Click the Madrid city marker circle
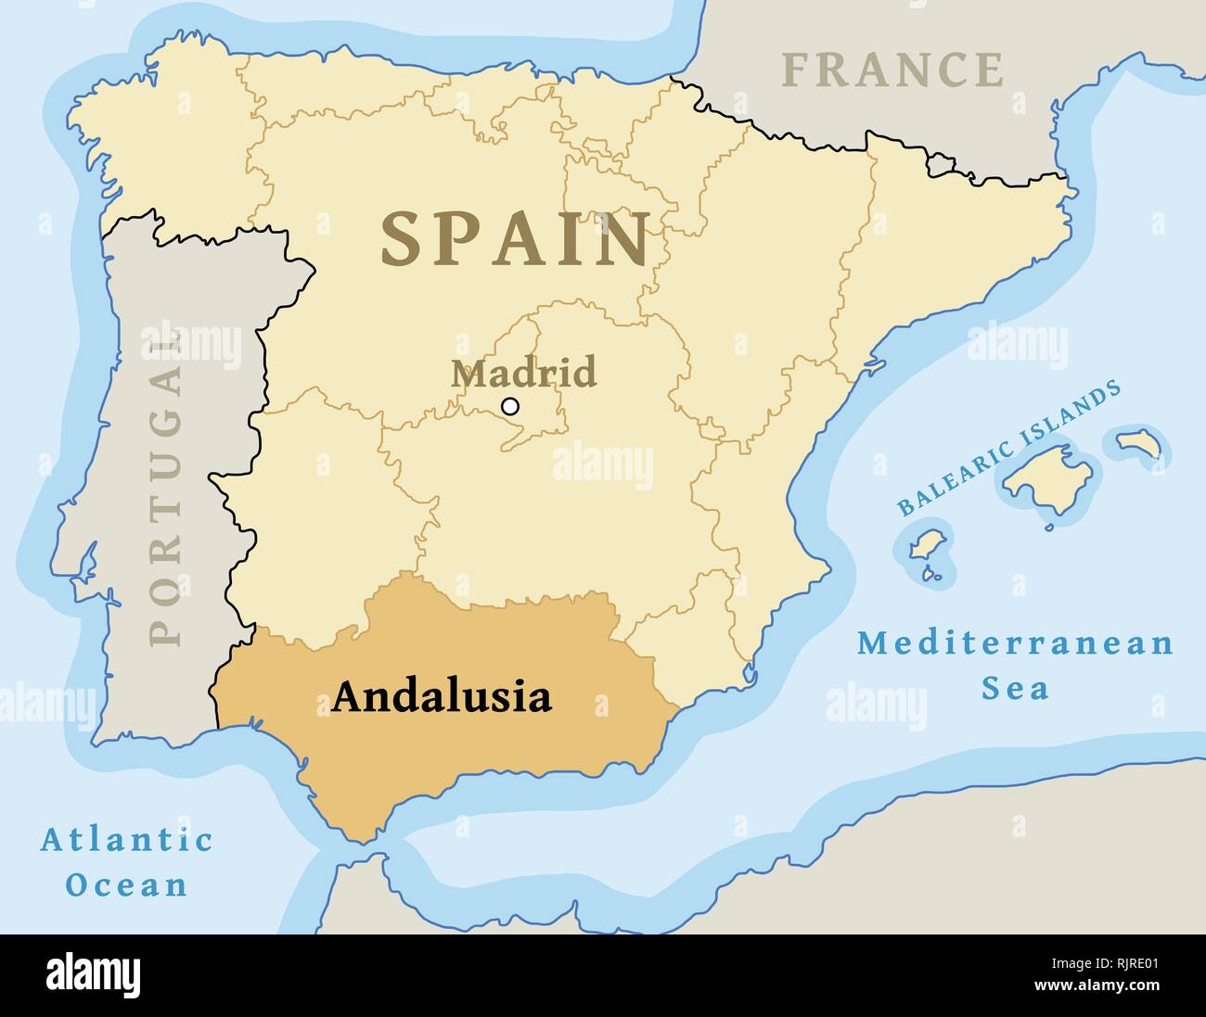pyautogui.click(x=509, y=406)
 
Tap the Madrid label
pyautogui.click(x=523, y=373)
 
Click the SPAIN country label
pyautogui.click(x=515, y=239)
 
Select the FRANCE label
pyautogui.click(x=892, y=70)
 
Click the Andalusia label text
pyautogui.click(x=442, y=696)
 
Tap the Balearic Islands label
pyautogui.click(x=1009, y=448)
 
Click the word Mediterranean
pyautogui.click(x=1014, y=642)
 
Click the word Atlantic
pyautogui.click(x=126, y=840)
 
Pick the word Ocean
pyautogui.click(x=126, y=884)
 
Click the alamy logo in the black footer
pyautogui.click(x=94, y=975)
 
